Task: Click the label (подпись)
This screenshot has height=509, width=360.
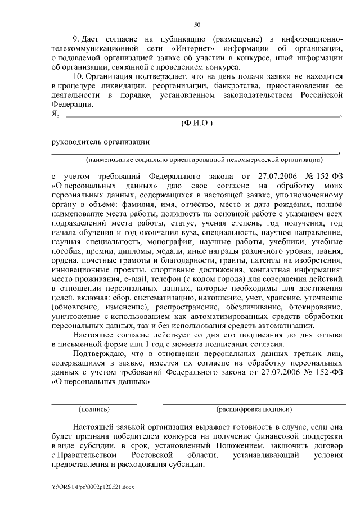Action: [x=94, y=410]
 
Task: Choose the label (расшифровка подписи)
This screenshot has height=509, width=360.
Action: [x=254, y=410]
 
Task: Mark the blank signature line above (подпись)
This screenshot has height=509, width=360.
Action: [x=94, y=403]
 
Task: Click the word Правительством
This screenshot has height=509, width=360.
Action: [x=87, y=454]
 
